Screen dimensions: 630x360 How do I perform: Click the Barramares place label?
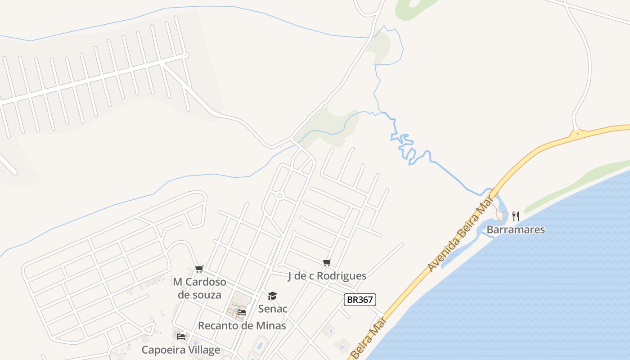[516, 230]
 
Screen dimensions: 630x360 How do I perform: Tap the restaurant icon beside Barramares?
[516, 216]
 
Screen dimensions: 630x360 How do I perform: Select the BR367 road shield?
[360, 300]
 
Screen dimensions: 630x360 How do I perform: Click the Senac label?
[273, 309]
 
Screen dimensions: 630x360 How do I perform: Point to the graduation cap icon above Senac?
[273, 296]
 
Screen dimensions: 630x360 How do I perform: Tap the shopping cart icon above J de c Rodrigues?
[327, 262]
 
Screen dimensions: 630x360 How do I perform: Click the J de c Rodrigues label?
[327, 276]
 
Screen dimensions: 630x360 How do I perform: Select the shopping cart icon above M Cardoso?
[199, 269]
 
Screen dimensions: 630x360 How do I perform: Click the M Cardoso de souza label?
[199, 288]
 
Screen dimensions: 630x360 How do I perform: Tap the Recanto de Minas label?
[242, 325]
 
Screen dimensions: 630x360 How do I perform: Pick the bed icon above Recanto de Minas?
[242, 312]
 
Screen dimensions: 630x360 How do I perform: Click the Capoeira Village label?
[181, 350]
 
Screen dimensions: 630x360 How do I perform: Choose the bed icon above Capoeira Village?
[181, 336]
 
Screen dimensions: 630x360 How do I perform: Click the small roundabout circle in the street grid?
[280, 196]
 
